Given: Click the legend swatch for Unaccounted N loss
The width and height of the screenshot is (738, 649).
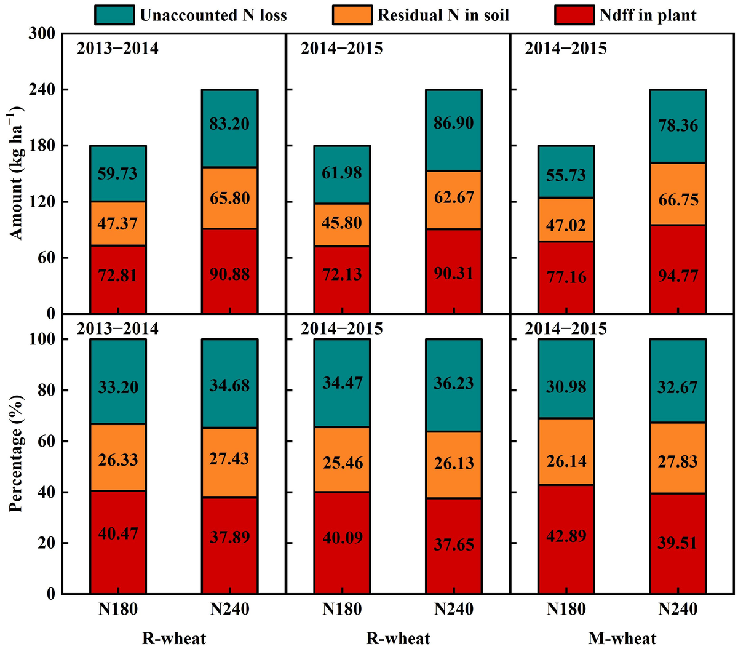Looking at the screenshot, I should pos(114,15).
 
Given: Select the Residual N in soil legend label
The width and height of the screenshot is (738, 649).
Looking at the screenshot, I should pos(443,15).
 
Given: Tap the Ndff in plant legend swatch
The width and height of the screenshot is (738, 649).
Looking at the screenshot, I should pos(574,15).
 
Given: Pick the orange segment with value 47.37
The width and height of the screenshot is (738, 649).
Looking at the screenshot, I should pos(118,223).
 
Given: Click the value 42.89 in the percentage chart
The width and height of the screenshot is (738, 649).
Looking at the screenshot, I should pos(566,535).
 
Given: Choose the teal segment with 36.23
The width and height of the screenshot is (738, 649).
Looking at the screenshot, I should pos(454,383).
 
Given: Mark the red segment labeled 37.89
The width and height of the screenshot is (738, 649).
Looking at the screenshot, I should pos(229,537).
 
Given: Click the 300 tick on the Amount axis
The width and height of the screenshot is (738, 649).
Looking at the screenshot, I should pos(42,34).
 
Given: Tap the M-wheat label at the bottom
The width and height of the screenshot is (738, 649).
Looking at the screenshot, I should pos(622,638).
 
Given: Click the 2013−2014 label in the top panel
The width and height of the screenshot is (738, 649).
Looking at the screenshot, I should pos(117,48).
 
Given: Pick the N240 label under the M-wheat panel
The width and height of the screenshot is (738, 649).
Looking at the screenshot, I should pos(678,609).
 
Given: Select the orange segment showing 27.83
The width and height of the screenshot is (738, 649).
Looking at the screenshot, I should pos(678,461).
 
